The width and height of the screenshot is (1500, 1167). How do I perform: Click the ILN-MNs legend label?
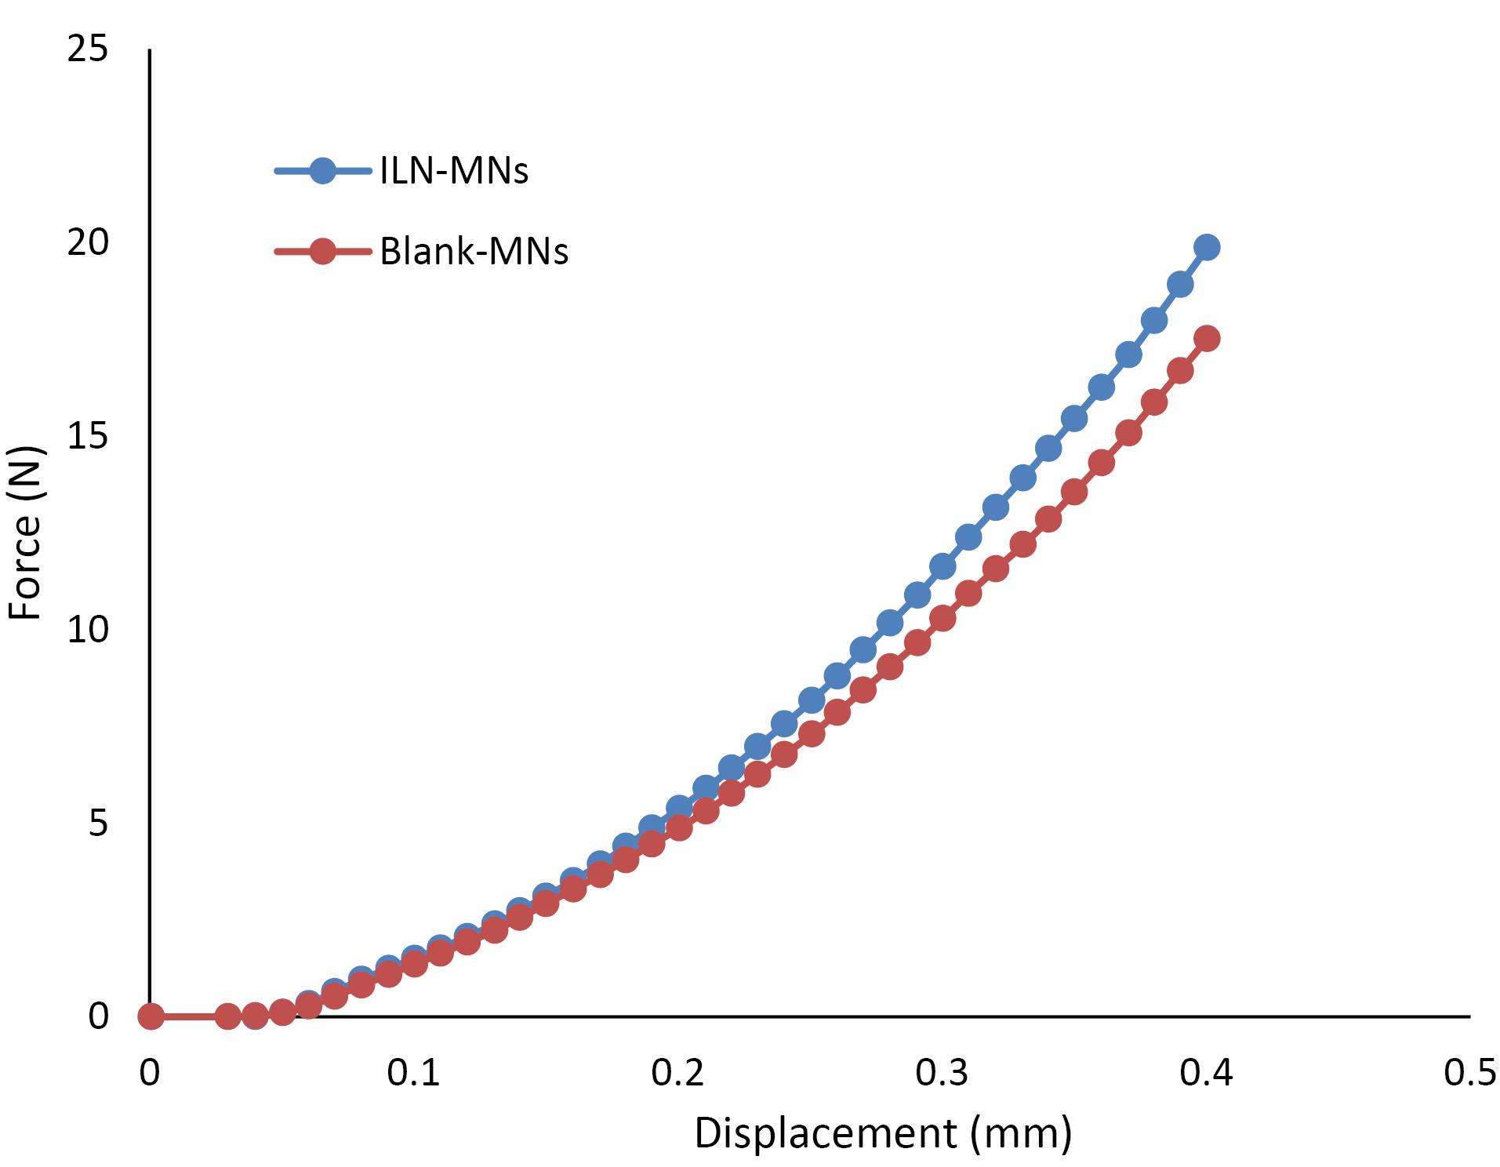454,171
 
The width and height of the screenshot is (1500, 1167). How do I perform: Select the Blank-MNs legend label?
474,252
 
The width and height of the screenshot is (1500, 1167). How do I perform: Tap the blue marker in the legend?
322,171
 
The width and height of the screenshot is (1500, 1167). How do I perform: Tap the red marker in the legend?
322,252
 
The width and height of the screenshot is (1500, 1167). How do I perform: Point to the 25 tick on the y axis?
87,50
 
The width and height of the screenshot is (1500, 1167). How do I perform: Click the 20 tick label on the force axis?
87,243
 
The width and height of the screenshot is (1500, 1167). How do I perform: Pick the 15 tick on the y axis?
87,436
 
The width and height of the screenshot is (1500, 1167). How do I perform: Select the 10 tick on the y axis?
87,630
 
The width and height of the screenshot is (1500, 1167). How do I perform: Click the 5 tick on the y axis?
97,823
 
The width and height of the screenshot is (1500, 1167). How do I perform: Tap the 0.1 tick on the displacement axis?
413,1073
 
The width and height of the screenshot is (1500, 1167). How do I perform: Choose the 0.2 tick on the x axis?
677,1073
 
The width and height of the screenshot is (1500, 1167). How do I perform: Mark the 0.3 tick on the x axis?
942,1073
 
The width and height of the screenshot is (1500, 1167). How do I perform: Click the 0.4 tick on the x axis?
1206,1073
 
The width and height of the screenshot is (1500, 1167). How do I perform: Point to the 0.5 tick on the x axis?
1469,1073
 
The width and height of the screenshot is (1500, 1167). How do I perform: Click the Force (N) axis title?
25,533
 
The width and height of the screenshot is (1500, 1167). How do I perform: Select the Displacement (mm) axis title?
882,1132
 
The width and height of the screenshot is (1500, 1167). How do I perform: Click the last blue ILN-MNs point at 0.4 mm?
1207,247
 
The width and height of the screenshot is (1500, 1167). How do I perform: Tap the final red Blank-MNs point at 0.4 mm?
1207,339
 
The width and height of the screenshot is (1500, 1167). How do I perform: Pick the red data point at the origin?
151,1016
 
